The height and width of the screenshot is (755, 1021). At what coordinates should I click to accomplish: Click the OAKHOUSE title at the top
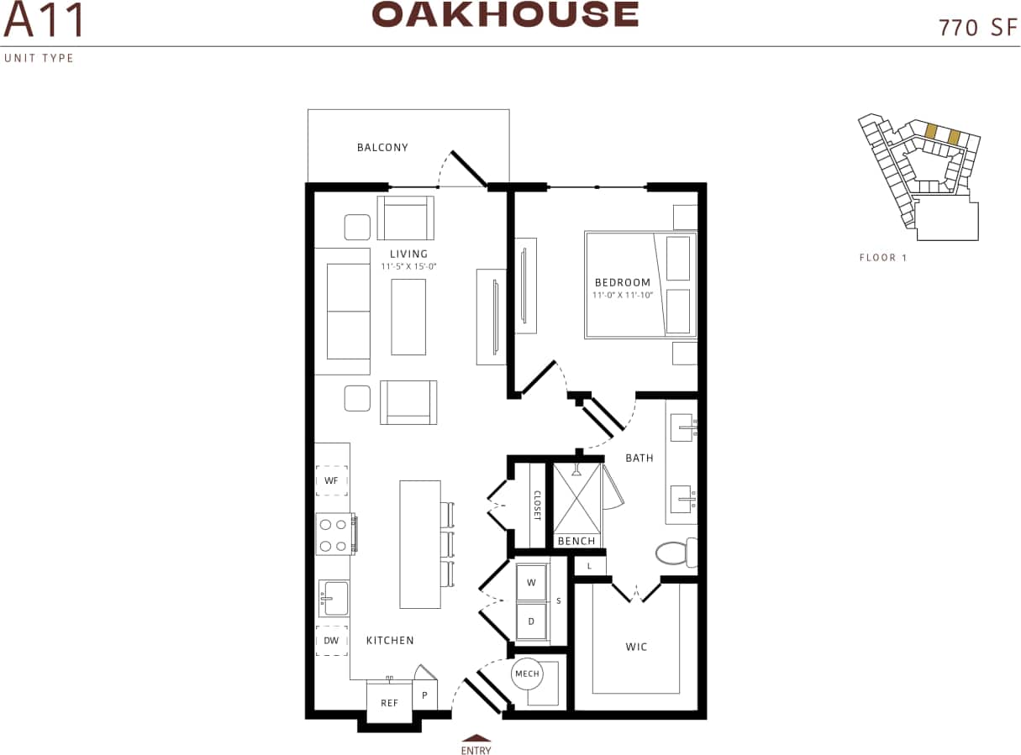click(x=505, y=14)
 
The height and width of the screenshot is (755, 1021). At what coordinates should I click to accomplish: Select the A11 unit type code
click(x=44, y=21)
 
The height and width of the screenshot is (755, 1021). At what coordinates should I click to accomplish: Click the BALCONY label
click(x=382, y=148)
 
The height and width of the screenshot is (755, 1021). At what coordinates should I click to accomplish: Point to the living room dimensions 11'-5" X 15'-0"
click(x=408, y=266)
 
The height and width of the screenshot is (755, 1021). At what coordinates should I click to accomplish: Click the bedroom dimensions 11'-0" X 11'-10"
click(x=622, y=295)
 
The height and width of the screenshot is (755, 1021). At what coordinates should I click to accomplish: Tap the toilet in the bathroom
click(x=675, y=553)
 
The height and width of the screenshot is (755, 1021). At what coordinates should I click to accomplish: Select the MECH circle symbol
click(x=527, y=674)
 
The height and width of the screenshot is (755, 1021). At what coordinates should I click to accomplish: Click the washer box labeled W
click(x=531, y=582)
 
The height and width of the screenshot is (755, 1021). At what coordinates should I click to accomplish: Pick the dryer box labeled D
click(x=531, y=621)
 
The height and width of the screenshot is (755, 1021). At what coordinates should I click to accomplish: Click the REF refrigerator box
click(x=389, y=702)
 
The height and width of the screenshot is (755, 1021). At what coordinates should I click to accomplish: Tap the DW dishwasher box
click(x=331, y=641)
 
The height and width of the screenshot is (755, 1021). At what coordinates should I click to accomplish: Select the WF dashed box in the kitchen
click(x=331, y=480)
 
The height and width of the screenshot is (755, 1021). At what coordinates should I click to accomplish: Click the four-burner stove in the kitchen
click(x=334, y=535)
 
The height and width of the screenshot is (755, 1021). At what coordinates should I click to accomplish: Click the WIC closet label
click(x=635, y=647)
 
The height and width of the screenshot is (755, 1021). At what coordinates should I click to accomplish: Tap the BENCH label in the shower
click(x=576, y=541)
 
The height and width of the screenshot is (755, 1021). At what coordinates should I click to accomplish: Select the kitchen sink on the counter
click(x=334, y=598)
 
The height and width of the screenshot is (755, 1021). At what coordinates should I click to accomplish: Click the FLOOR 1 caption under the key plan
click(x=883, y=258)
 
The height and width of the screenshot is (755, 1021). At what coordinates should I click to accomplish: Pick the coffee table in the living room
click(x=408, y=317)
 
